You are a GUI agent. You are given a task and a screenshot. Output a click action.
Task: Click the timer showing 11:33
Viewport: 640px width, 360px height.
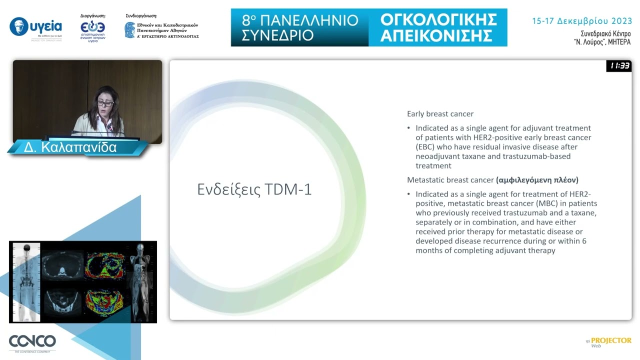click(619, 66)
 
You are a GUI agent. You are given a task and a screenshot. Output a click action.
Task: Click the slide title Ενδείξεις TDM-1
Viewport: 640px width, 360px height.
click(254, 190)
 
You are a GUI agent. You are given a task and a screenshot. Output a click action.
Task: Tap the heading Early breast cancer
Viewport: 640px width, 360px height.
click(440, 114)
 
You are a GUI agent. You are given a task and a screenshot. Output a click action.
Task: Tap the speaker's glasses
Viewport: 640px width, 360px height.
click(105, 103)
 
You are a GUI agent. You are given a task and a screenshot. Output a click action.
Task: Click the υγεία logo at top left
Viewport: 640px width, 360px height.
click(36, 27)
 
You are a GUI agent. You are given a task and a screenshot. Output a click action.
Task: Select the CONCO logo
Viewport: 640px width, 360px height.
click(32, 342)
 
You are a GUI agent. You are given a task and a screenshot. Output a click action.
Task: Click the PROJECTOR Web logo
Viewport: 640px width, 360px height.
click(609, 342)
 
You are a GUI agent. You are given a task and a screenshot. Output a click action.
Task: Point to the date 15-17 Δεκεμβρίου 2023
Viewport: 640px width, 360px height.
click(581, 21)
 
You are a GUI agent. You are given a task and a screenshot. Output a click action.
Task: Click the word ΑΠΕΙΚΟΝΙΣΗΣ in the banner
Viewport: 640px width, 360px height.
click(436, 35)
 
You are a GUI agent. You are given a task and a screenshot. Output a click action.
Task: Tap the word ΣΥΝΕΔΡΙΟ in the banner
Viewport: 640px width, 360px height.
click(278, 35)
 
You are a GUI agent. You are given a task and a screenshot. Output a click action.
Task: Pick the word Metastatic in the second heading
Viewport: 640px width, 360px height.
click(425, 179)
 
